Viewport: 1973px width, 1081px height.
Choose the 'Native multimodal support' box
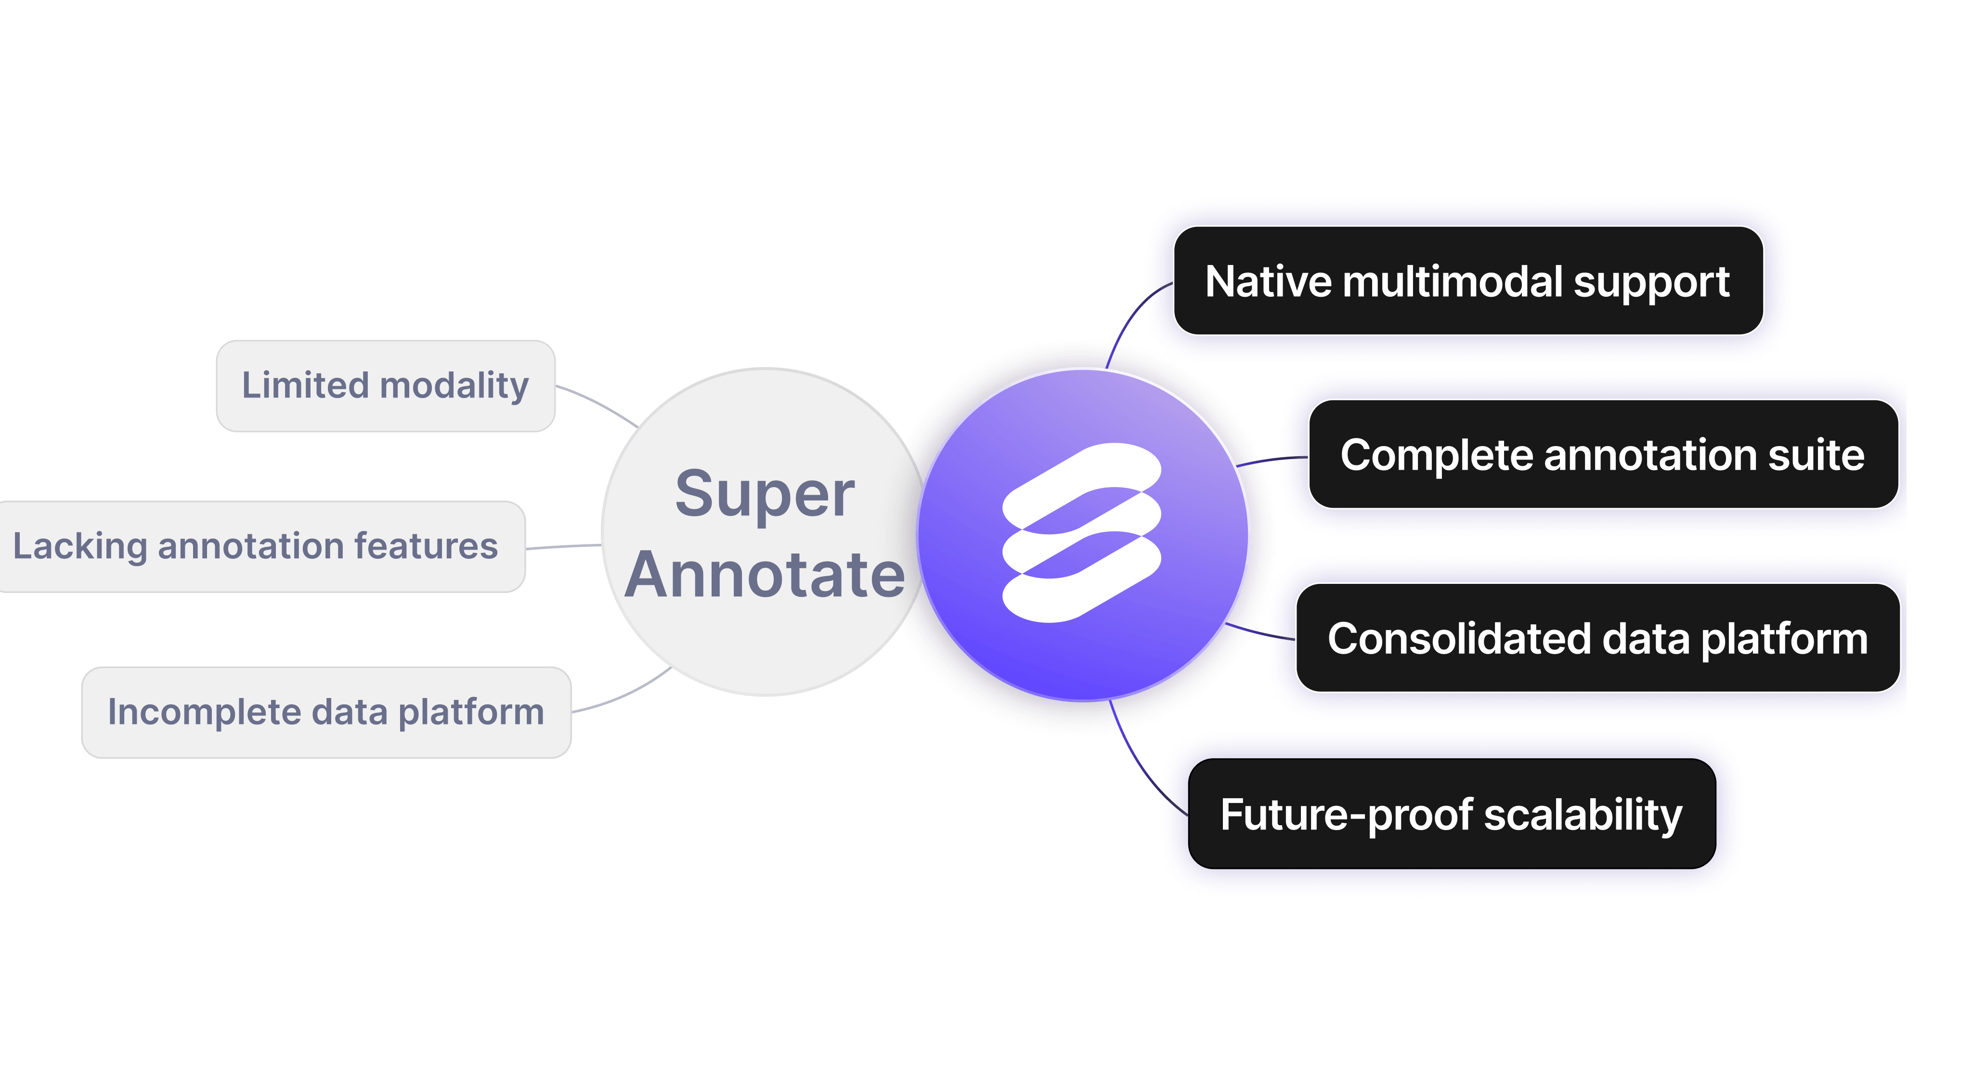tap(1467, 281)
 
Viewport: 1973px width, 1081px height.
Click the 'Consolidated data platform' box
tap(1597, 638)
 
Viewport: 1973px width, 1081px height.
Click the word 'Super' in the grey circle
tap(765, 494)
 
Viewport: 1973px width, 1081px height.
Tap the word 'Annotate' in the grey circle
tap(765, 575)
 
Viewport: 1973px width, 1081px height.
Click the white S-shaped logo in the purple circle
tap(1081, 532)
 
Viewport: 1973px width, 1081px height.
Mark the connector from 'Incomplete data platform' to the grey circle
tap(624, 693)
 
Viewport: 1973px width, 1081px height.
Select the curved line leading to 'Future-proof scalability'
tap(1141, 766)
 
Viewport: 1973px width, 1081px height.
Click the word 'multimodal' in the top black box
tap(1453, 281)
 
